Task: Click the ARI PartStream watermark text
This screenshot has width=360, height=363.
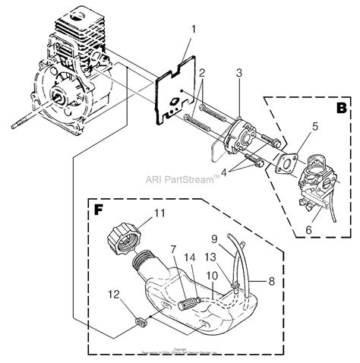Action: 181,181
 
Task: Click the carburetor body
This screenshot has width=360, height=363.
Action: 314,182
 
